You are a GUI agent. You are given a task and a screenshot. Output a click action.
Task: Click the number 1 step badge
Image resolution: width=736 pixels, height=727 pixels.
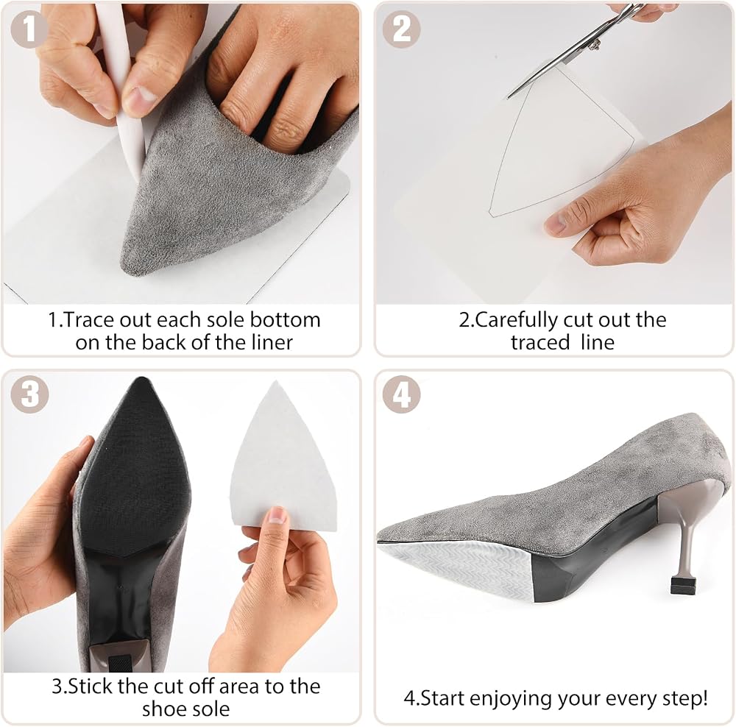coord(29,29)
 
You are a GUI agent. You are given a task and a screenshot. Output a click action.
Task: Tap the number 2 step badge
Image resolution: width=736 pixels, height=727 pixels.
coord(401,29)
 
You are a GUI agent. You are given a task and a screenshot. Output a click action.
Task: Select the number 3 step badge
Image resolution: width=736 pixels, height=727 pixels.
coord(29,394)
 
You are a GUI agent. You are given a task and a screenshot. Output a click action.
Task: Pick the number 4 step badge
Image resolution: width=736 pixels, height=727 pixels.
coord(401,394)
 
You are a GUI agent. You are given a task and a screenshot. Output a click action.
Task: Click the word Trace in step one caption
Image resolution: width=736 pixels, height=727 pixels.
coord(88,320)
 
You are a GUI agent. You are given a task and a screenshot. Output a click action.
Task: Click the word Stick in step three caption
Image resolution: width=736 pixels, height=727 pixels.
coord(91,687)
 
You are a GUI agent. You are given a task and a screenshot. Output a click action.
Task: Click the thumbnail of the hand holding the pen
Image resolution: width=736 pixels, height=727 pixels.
coord(142,96)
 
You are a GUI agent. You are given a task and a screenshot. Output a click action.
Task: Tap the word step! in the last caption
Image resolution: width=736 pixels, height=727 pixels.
coord(685,699)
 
